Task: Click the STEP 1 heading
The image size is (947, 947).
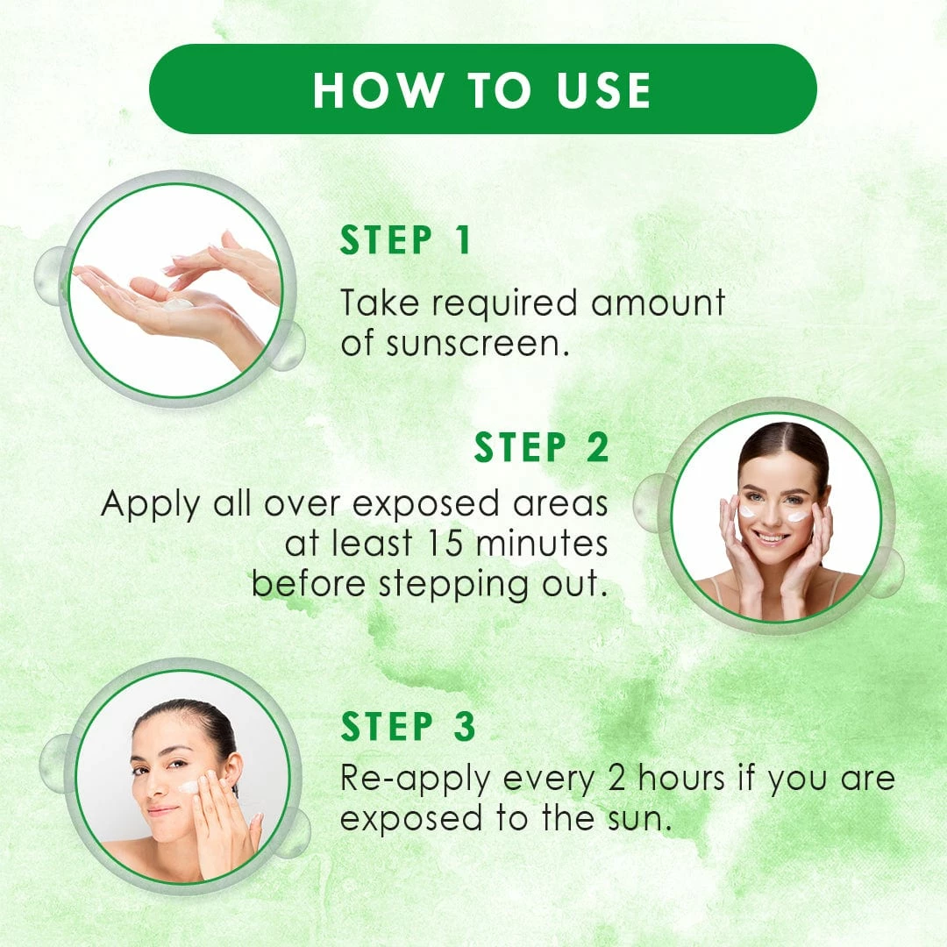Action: (x=405, y=239)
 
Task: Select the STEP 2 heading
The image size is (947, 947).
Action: (x=541, y=447)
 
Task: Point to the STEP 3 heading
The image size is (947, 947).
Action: (x=409, y=726)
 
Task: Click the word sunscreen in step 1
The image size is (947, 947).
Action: (x=477, y=344)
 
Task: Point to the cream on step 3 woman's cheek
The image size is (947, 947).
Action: (x=189, y=787)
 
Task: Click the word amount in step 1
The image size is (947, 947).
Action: (x=659, y=303)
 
